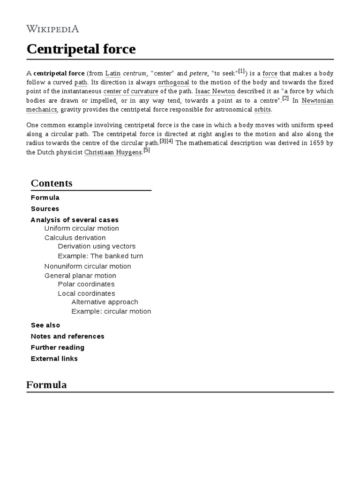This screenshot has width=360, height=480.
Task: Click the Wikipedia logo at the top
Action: pyautogui.click(x=52, y=29)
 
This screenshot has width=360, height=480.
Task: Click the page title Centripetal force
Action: pyautogui.click(x=81, y=49)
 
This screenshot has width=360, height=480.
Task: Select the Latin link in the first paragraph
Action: pyautogui.click(x=113, y=73)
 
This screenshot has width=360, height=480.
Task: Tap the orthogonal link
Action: pyautogui.click(x=173, y=82)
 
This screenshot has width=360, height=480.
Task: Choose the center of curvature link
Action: pyautogui.click(x=131, y=91)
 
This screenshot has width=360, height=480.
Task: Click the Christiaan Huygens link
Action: pyautogui.click(x=113, y=152)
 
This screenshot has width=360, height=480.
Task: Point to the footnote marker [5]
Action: pyautogui.click(x=147, y=150)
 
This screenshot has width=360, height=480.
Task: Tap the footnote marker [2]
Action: pyautogui.click(x=285, y=98)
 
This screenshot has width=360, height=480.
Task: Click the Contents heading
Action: pyautogui.click(x=52, y=183)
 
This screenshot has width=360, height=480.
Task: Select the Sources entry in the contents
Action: pyautogui.click(x=45, y=209)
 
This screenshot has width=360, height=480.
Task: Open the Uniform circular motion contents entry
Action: pyautogui.click(x=82, y=228)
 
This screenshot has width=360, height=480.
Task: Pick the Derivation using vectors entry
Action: pyautogui.click(x=97, y=246)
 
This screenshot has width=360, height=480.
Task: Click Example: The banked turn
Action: pyautogui.click(x=100, y=256)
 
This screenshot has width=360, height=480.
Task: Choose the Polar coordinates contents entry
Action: pyautogui.click(x=86, y=284)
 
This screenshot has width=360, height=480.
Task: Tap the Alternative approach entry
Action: pyautogui.click(x=105, y=302)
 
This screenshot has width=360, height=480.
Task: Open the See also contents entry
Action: pyautogui.click(x=45, y=325)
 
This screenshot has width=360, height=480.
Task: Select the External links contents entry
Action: pyautogui.click(x=54, y=359)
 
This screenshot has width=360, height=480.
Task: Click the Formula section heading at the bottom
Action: pyautogui.click(x=46, y=385)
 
